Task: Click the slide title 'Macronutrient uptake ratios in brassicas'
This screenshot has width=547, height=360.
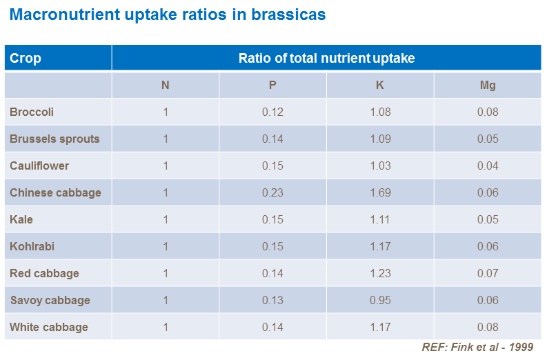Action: [168, 15]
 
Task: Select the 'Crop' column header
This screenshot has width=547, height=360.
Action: [26, 58]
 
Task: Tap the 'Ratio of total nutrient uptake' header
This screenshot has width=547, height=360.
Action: [326, 58]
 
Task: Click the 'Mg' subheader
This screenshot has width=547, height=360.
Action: [487, 86]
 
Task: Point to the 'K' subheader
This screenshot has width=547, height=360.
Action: [380, 86]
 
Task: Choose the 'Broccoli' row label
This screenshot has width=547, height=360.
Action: [32, 112]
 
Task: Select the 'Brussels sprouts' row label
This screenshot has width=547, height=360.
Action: [54, 139]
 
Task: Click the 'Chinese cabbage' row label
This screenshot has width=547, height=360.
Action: [55, 192]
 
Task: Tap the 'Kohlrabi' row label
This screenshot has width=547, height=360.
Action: [32, 246]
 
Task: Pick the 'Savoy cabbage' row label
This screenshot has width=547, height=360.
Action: [50, 300]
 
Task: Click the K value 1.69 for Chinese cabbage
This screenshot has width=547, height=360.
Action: [380, 192]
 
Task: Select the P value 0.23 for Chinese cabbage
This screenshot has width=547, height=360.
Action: [272, 192]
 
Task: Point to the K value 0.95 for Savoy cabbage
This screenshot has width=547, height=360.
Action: [380, 300]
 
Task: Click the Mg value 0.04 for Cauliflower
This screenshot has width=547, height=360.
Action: [487, 166]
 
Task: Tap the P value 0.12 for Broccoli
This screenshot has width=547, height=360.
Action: [272, 112]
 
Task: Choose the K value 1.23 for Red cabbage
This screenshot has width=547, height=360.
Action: [380, 273]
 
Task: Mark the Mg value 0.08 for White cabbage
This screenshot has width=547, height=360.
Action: [487, 327]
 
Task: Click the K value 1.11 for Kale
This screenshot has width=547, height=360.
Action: [380, 219]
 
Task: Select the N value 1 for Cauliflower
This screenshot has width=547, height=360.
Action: [166, 166]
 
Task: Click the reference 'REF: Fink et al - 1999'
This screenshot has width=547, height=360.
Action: [477, 348]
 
